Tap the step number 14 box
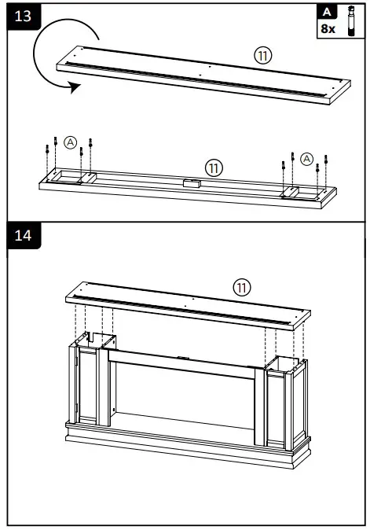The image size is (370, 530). (x=23, y=236)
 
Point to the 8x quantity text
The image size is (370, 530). (x=327, y=28)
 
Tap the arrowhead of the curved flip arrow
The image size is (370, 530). (x=74, y=88)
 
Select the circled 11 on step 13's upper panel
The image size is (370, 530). (x=262, y=56)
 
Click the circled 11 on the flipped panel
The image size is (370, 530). (x=214, y=167)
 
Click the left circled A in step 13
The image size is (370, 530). (x=71, y=142)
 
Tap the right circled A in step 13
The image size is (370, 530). (x=306, y=157)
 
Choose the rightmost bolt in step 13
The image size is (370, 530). (x=328, y=161)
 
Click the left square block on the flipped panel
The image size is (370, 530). (x=85, y=179)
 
